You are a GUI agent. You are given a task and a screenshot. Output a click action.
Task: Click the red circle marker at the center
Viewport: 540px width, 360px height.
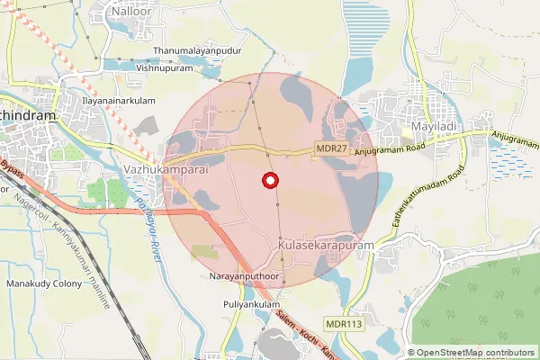tap(268, 181)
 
